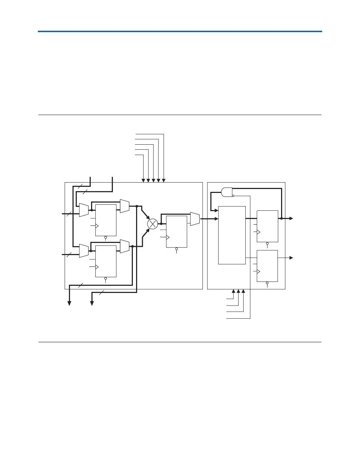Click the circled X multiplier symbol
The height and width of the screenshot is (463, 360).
152,224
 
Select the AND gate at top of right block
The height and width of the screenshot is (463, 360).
227,192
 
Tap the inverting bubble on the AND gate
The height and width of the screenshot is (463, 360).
233,195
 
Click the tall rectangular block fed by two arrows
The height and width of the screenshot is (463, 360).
232,235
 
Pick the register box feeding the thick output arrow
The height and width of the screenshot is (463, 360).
267,226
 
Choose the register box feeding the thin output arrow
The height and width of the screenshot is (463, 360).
267,266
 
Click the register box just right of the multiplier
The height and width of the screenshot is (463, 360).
176,231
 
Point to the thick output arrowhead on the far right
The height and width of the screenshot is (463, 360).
291,218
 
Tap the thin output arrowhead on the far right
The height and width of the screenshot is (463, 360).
291,258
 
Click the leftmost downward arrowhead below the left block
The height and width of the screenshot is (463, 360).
69,303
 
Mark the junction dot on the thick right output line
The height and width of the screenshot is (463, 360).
281,218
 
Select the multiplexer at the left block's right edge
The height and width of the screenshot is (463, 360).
195,219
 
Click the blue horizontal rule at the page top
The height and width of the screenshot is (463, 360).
180,31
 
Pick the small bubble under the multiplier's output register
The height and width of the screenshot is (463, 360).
176,249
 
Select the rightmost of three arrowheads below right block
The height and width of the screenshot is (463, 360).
244,291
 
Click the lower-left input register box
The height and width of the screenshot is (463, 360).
106,261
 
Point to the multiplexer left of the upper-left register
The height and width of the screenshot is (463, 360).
84,210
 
